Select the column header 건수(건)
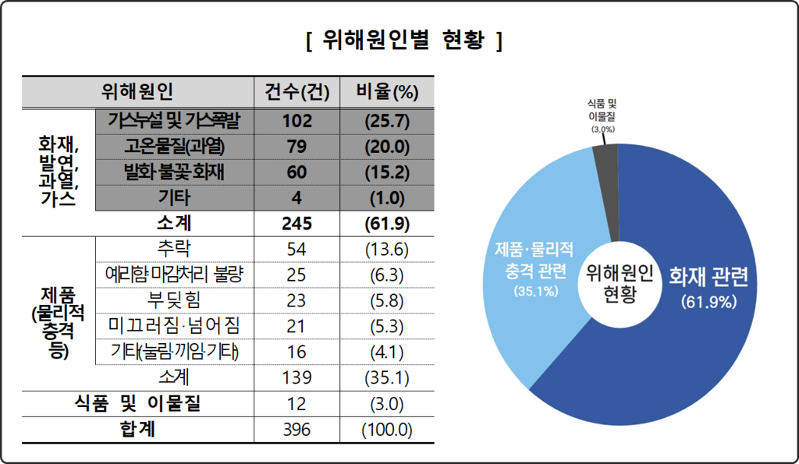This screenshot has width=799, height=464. (x=297, y=93)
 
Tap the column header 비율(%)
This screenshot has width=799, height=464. (x=387, y=93)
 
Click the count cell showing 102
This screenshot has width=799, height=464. (x=297, y=120)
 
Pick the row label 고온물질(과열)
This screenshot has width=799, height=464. (x=174, y=146)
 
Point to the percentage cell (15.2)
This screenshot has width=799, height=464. (x=387, y=172)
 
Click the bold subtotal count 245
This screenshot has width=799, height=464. (x=297, y=223)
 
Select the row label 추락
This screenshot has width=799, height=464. (x=174, y=249)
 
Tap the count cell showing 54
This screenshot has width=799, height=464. (x=297, y=249)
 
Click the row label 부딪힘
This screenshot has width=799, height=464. (x=174, y=300)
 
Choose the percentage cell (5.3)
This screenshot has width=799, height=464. (x=387, y=326)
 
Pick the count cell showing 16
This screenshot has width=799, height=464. (x=297, y=352)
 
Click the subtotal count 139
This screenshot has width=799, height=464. (x=297, y=377)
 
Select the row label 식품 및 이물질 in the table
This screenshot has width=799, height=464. (x=139, y=403)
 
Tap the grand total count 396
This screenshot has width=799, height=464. (x=297, y=429)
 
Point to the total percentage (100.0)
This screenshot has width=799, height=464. (x=387, y=429)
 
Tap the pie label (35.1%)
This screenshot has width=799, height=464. (x=534, y=291)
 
